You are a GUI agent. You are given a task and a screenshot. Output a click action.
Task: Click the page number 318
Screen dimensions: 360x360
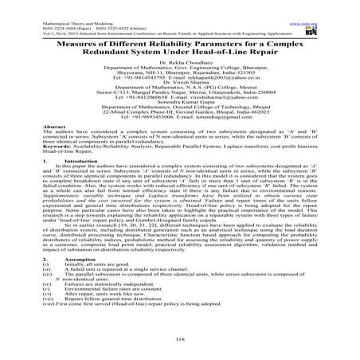click(180, 337)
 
